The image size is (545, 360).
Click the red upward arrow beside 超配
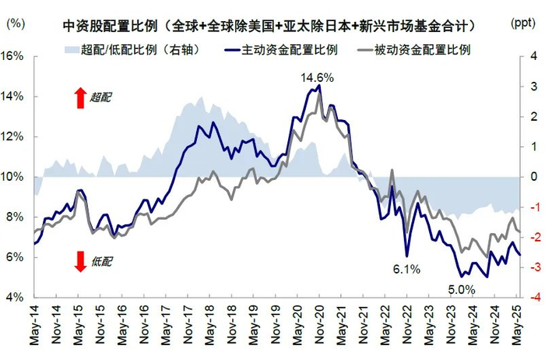79,97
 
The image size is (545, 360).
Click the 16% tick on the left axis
16,57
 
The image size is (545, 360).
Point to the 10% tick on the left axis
16,177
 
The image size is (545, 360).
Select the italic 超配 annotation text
101,97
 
